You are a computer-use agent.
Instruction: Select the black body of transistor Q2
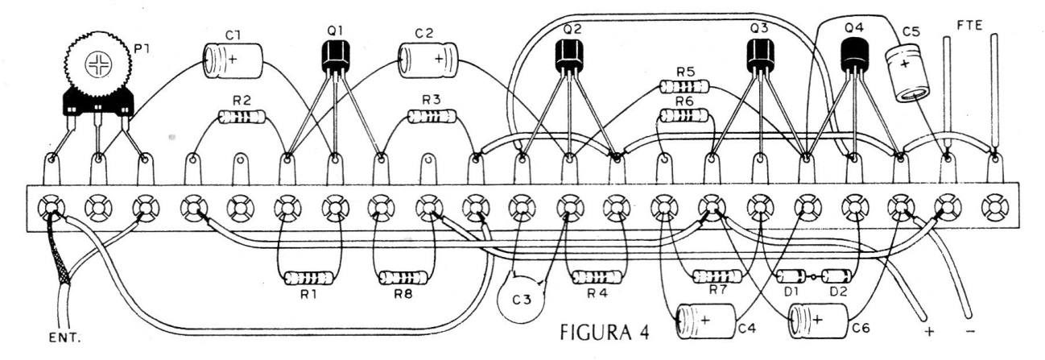point(569,55)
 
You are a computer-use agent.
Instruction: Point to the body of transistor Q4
point(854,54)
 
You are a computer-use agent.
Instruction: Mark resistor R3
point(432,117)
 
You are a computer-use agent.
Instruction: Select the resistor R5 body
point(684,86)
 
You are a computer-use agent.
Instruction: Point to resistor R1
point(308,279)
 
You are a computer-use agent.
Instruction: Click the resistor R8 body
point(403,279)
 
